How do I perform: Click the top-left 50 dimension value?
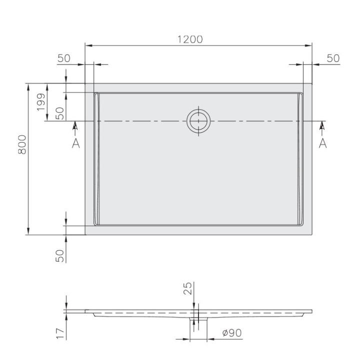pos(64,58)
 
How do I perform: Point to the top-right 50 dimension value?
pos(333,58)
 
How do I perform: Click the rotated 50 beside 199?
pos(60,113)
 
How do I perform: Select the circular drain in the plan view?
pos(199,120)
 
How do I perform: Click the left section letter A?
pos(75,143)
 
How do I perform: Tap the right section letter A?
pos(322,143)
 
